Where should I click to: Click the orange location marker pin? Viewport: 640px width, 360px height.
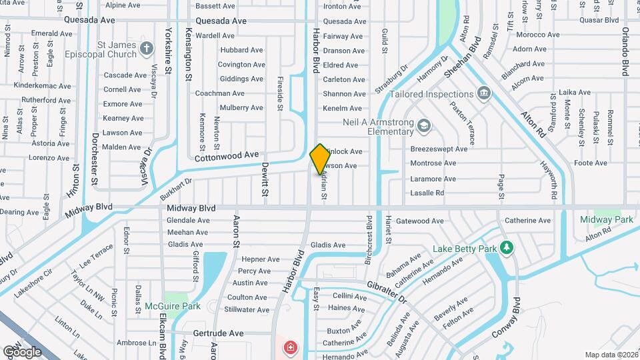(320, 159)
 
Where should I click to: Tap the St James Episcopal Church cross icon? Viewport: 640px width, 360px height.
(147, 49)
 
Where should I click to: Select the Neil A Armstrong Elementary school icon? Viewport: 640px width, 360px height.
(423, 125)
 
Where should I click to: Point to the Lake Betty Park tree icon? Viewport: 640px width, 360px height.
(506, 249)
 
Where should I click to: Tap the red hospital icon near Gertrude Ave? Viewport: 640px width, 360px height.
(290, 347)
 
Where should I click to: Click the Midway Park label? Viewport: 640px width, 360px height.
(606, 219)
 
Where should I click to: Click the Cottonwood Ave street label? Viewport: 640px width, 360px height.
(227, 156)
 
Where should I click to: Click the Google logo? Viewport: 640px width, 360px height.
(22, 351)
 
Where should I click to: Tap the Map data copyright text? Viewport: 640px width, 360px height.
(610, 355)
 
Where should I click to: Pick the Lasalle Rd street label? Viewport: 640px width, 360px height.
(427, 193)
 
